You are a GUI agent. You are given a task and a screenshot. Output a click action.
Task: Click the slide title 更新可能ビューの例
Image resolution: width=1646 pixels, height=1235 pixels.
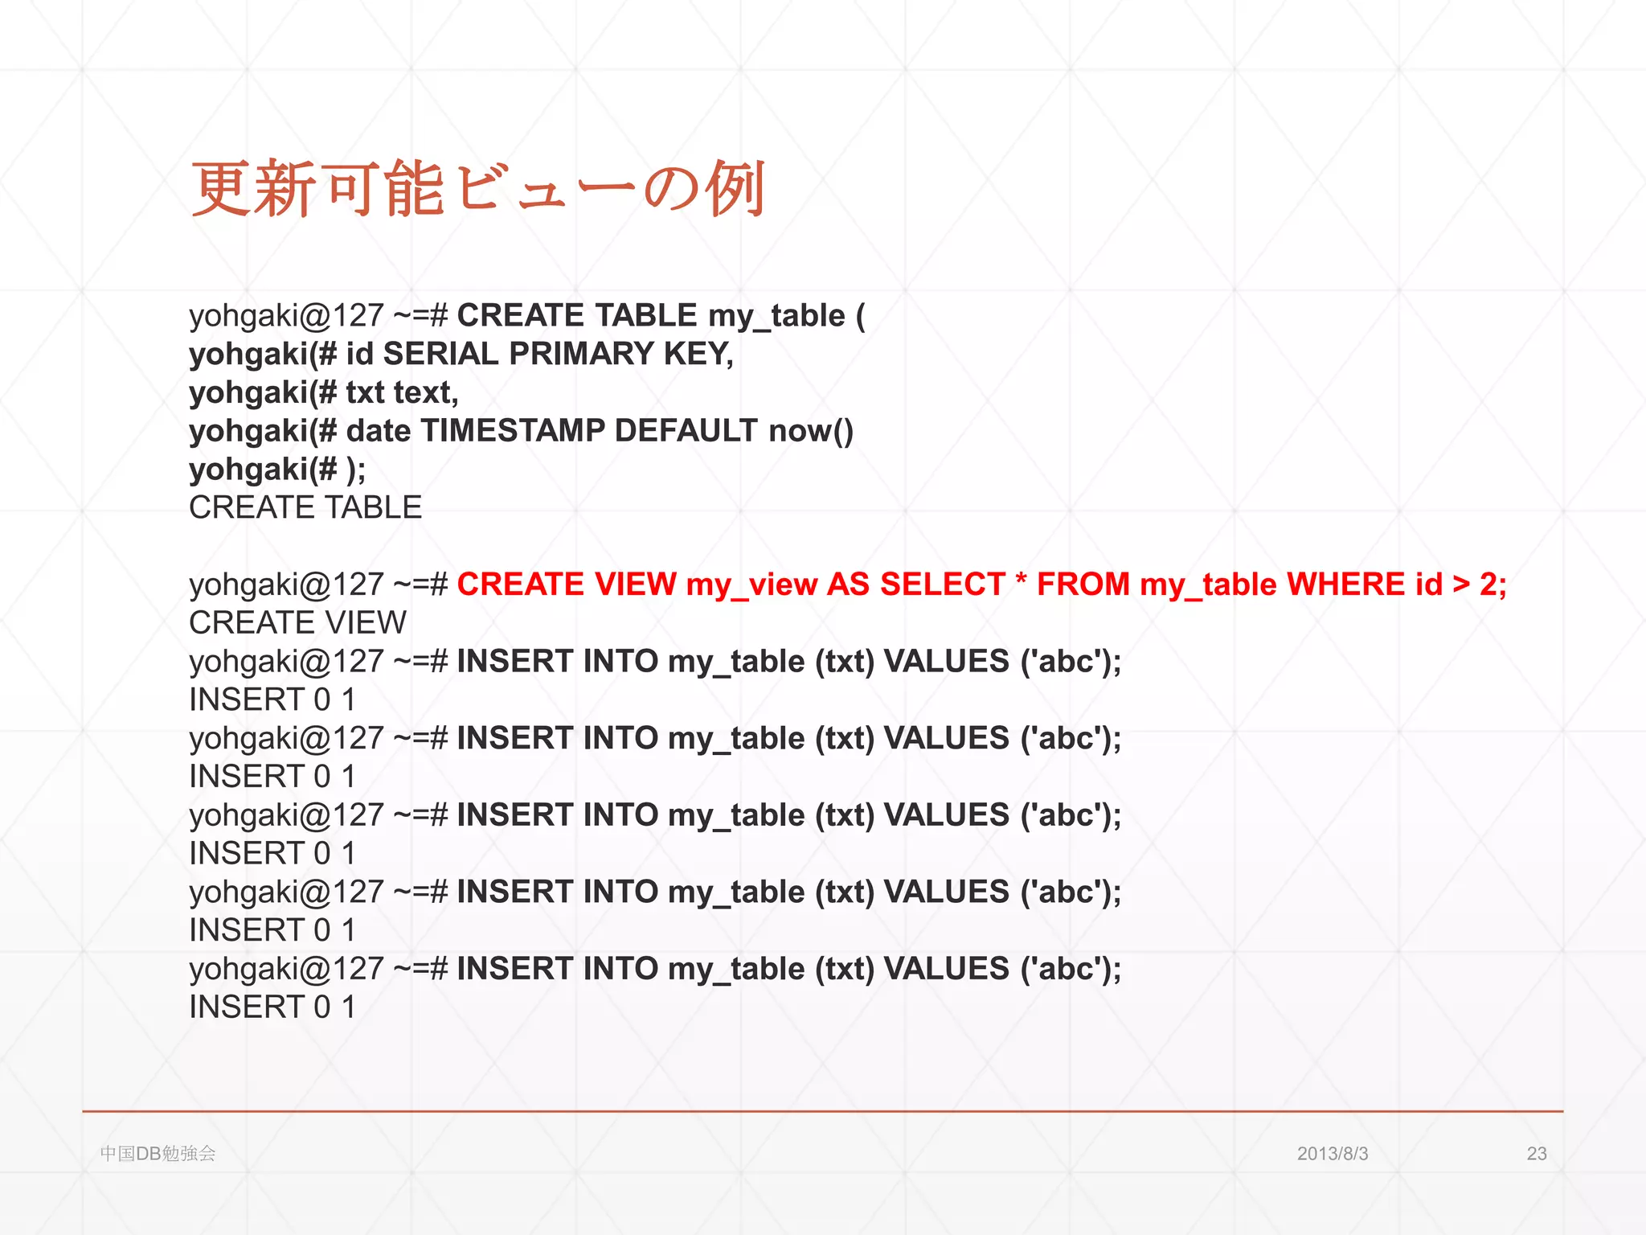(477, 190)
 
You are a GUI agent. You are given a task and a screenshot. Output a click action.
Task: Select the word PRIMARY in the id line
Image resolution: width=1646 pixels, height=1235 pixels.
(581, 354)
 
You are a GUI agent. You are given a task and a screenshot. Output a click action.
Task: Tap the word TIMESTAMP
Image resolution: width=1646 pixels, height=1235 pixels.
(512, 431)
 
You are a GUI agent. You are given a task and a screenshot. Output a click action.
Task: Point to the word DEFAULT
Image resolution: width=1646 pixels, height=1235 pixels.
(686, 431)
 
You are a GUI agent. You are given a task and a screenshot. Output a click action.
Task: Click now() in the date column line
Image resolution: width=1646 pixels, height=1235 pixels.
(811, 431)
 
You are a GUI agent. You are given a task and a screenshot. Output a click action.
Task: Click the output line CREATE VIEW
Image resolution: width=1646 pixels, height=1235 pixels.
(297, 623)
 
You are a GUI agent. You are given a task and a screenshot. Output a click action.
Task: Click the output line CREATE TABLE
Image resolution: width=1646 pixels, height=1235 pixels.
(305, 507)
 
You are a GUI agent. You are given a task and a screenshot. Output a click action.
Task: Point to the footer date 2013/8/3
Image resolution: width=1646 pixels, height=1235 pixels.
(1332, 1154)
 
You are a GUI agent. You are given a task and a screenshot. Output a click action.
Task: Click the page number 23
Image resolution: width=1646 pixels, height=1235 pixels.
(1536, 1154)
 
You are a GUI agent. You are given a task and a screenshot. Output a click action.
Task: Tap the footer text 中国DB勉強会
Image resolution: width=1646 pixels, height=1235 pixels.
(158, 1154)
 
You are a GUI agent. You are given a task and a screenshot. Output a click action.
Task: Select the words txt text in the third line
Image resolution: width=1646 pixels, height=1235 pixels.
(402, 393)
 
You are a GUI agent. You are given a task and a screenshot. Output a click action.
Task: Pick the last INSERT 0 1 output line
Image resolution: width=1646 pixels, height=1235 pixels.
(272, 1007)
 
